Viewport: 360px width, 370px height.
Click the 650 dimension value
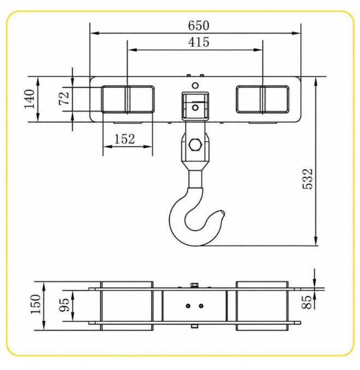coord(199,26)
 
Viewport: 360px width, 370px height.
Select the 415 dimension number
coord(199,42)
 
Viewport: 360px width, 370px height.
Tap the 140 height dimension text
coord(29,99)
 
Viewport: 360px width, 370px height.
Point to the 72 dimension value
coord(64,98)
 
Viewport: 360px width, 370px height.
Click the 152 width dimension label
coord(124,139)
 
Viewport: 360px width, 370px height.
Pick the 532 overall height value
coord(308,179)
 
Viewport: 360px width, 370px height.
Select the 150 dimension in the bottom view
coord(36,304)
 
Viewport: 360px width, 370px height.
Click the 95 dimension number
coord(64,305)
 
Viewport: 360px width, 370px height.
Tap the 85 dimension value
coord(307,302)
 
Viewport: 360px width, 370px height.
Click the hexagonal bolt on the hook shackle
coord(195,145)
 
